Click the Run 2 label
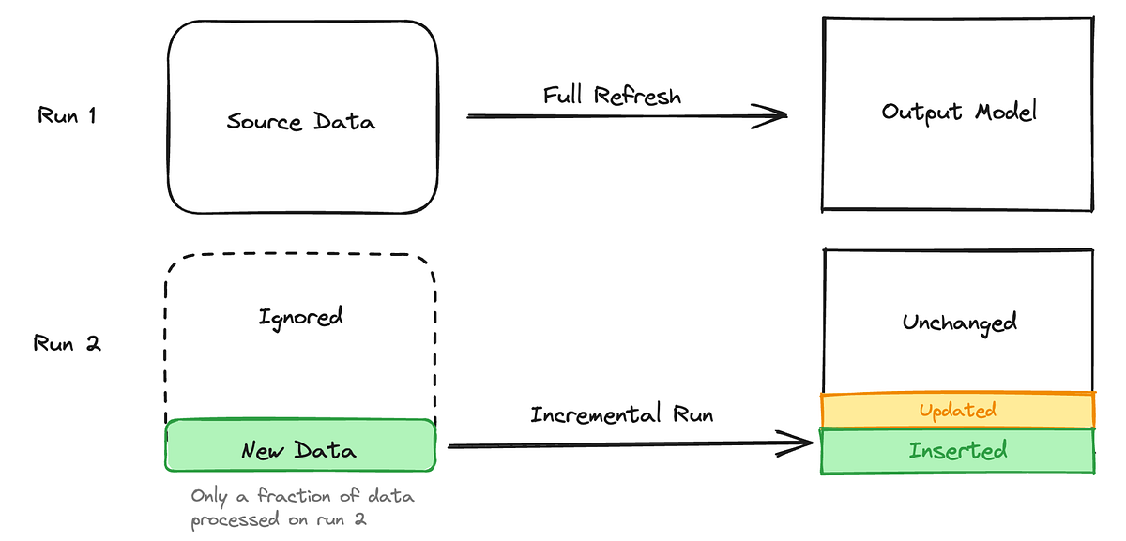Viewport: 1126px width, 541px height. (67, 343)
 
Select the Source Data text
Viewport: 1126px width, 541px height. (300, 122)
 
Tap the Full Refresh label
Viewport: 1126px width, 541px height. (612, 96)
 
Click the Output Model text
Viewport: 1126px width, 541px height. (958, 113)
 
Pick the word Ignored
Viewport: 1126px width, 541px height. (300, 317)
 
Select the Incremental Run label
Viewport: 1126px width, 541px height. (621, 414)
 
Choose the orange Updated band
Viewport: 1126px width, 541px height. (958, 410)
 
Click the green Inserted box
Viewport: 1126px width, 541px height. (958, 451)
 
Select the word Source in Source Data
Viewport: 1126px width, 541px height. (264, 122)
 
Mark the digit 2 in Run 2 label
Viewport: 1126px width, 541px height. (93, 343)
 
